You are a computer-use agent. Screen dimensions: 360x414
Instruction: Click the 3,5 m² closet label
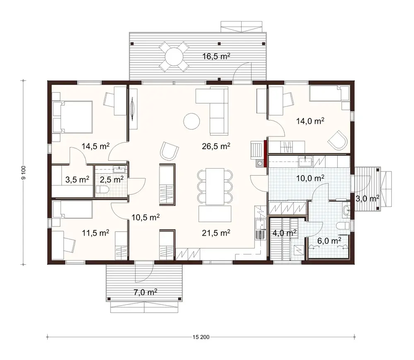(x=77, y=180)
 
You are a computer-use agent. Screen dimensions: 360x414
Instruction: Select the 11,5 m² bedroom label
(x=95, y=233)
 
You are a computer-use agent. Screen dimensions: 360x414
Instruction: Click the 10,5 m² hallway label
(x=146, y=217)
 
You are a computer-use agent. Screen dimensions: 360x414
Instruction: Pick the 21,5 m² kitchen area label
(x=216, y=233)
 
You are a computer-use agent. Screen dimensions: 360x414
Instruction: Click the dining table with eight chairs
(x=215, y=186)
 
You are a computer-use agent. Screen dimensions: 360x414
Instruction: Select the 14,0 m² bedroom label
(x=310, y=121)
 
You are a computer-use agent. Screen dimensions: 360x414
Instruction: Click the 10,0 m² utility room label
(x=310, y=178)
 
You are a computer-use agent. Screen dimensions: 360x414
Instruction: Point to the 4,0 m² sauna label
(x=284, y=233)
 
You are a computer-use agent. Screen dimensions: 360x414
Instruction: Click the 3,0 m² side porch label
(x=366, y=199)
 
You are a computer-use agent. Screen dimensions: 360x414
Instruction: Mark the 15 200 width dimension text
(x=201, y=337)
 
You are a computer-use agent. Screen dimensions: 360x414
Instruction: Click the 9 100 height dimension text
(x=24, y=172)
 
